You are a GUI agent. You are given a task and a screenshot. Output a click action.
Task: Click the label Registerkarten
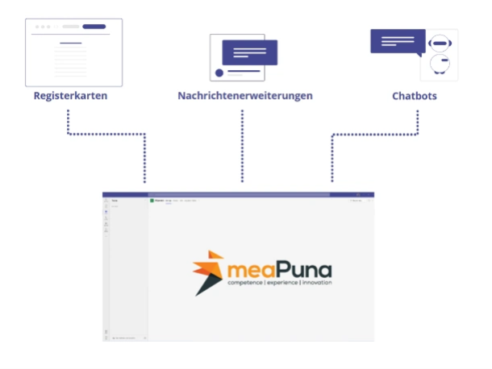70,97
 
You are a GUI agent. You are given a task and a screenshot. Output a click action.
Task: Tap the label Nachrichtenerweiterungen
244,97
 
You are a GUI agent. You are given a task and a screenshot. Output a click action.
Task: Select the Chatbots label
415,97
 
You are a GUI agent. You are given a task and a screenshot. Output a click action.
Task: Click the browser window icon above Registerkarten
74,52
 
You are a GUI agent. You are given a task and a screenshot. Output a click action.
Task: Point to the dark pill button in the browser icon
94,27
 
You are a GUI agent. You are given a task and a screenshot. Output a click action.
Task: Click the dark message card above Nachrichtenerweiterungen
249,53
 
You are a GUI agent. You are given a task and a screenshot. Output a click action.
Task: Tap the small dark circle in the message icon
218,73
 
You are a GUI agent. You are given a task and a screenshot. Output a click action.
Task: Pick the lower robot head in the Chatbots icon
439,63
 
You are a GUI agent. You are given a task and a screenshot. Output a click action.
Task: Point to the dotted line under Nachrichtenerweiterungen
242,145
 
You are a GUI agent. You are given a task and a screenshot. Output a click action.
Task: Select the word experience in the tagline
283,284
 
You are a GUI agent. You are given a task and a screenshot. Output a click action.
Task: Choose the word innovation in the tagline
316,284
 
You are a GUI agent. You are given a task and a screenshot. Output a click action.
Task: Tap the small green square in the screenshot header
151,201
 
